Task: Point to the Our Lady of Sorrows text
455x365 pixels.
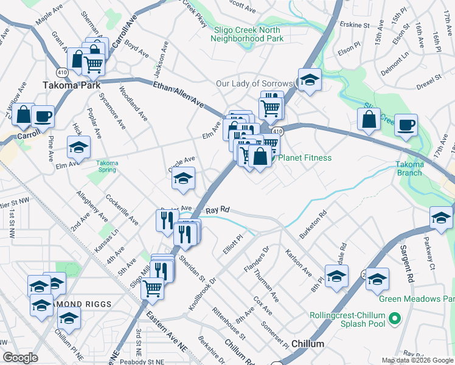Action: click(x=255, y=83)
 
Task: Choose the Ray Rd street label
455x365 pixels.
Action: click(x=217, y=210)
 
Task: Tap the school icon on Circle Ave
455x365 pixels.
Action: click(x=183, y=178)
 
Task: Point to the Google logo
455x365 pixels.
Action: click(x=21, y=358)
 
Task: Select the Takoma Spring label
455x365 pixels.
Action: click(x=107, y=166)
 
